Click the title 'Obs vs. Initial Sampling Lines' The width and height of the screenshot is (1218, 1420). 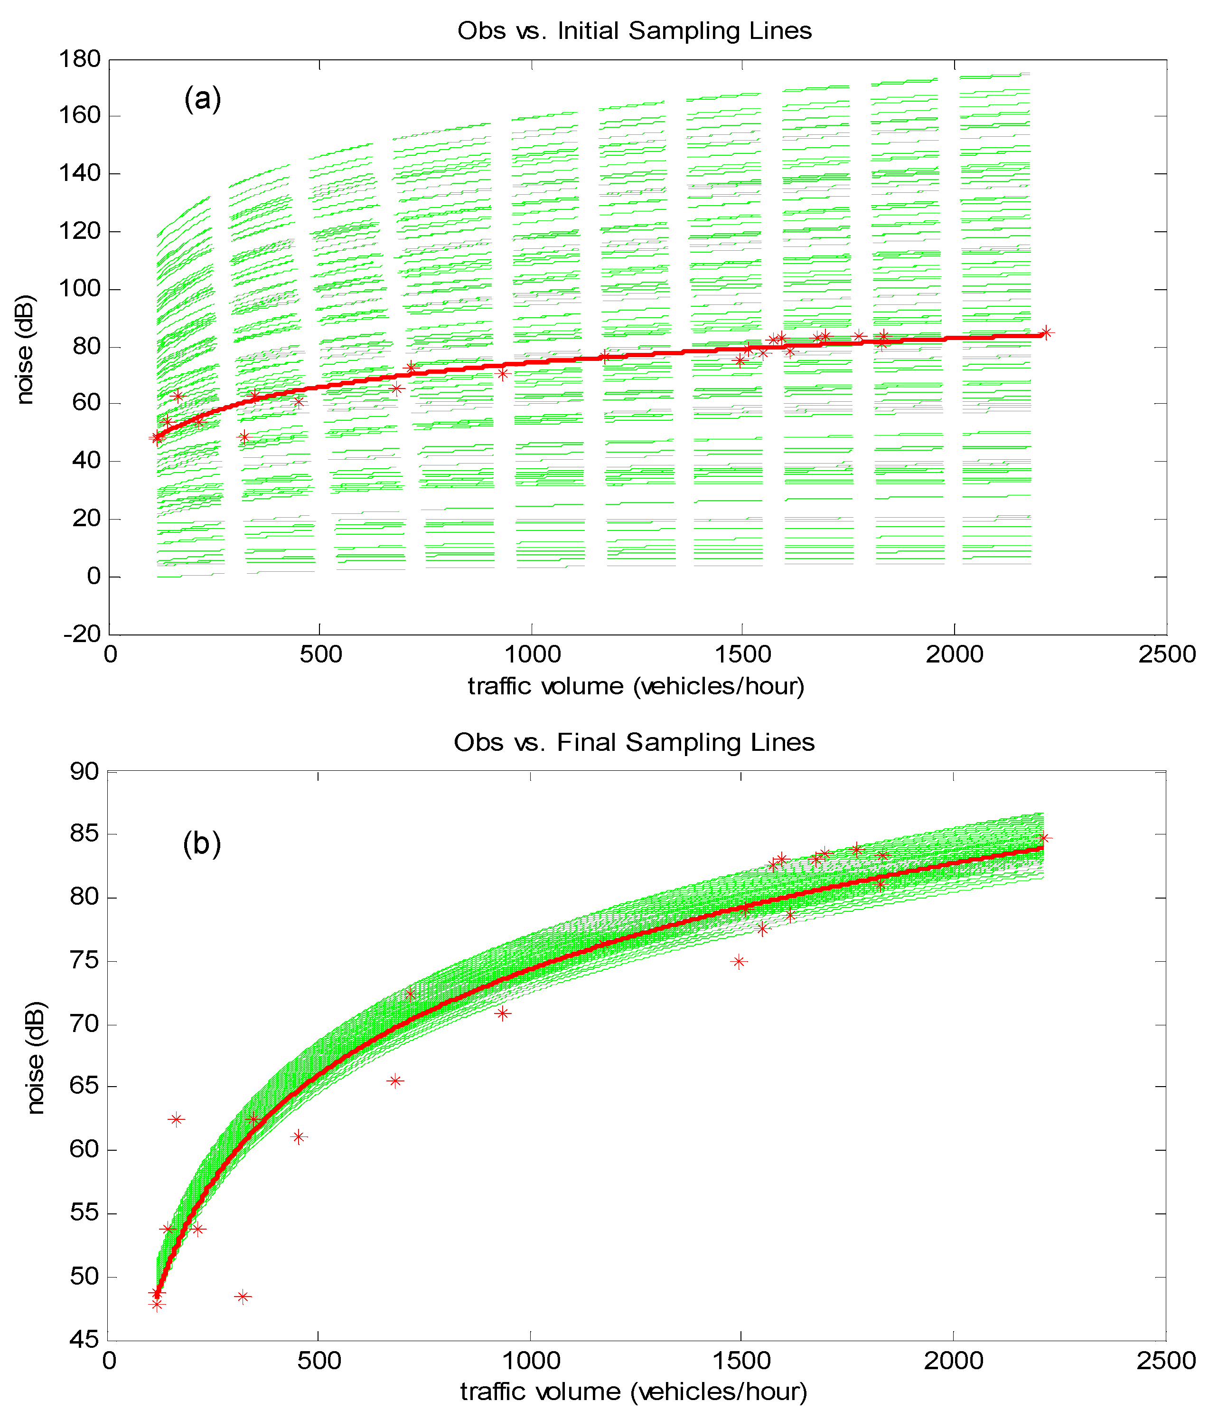click(x=634, y=31)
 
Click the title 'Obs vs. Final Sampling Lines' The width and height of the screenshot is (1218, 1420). click(x=634, y=742)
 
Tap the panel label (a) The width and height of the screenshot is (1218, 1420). click(x=203, y=99)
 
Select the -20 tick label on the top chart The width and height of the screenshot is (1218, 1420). click(x=82, y=634)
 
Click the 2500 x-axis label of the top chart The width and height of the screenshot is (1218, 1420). click(x=1167, y=654)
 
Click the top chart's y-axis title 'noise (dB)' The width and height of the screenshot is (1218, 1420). click(x=25, y=350)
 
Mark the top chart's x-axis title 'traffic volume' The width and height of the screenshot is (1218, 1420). click(x=636, y=686)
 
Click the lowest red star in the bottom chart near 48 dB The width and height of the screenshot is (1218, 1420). click(x=157, y=1304)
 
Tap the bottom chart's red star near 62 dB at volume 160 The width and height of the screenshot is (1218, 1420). click(x=176, y=1120)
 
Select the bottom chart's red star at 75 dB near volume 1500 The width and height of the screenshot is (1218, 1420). click(x=739, y=962)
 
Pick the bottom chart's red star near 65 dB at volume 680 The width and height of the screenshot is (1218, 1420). click(x=395, y=1081)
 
